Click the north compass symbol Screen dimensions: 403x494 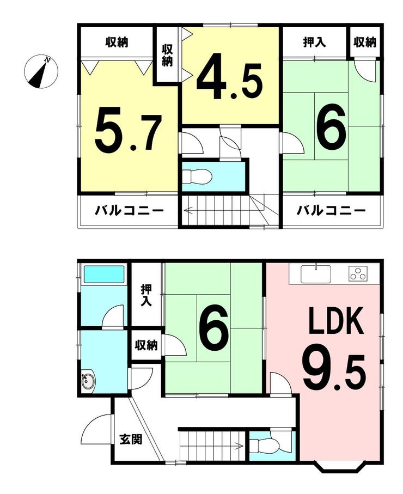(x=41, y=71)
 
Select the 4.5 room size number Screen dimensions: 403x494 (x=229, y=77)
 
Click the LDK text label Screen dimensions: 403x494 (x=336, y=321)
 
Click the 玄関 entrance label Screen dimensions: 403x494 (x=131, y=439)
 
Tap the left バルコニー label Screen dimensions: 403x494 (x=130, y=210)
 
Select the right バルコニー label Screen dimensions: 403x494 (x=331, y=210)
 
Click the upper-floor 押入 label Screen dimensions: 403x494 (x=314, y=42)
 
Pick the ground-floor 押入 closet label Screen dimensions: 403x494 (x=146, y=295)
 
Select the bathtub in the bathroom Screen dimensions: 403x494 (x=103, y=274)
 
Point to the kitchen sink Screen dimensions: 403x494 (x=316, y=274)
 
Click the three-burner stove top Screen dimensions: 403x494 (x=358, y=274)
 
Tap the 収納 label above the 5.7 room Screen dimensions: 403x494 (x=117, y=42)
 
